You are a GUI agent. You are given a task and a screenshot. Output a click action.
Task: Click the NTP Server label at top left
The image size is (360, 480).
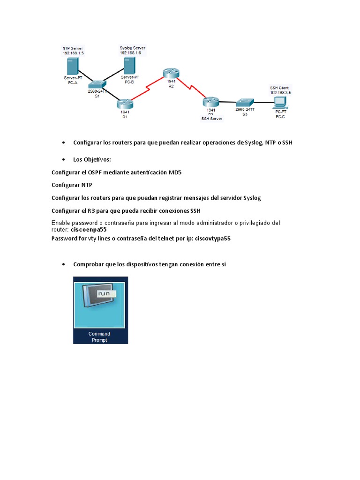click(x=73, y=51)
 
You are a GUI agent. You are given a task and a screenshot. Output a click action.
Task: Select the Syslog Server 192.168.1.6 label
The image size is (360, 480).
click(x=133, y=51)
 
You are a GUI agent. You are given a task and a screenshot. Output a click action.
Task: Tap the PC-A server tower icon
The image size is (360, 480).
click(x=72, y=66)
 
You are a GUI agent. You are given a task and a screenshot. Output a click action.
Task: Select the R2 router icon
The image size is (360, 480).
click(x=171, y=73)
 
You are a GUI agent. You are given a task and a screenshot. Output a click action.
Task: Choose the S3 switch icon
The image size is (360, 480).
click(x=244, y=102)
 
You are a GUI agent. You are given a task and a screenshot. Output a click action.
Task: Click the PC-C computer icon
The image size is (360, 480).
click(x=280, y=101)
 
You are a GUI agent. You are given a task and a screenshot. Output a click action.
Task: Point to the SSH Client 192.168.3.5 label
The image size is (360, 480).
click(x=280, y=90)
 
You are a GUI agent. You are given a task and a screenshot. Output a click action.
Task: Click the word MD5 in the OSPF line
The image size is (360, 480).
click(x=175, y=172)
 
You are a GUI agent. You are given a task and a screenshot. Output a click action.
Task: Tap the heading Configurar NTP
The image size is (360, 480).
click(x=72, y=185)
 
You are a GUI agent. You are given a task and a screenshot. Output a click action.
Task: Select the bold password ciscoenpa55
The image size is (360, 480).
click(x=89, y=230)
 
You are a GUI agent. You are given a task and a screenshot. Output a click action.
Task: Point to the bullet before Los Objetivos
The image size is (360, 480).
click(x=63, y=160)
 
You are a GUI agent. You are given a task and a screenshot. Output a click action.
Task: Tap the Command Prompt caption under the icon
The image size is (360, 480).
click(x=99, y=337)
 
